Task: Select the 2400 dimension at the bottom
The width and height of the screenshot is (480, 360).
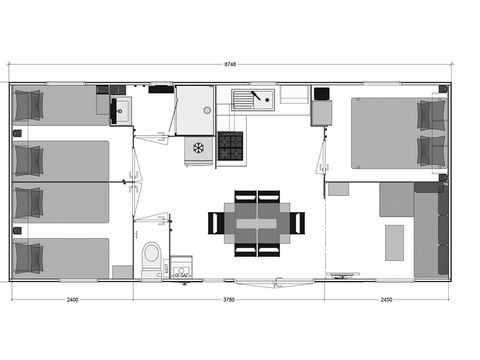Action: [72, 298]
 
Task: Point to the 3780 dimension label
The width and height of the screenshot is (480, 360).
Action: [228, 298]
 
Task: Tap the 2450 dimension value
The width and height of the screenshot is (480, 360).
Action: [386, 298]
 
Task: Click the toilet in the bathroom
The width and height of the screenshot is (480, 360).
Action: [151, 257]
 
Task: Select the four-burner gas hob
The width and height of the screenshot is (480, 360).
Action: [230, 146]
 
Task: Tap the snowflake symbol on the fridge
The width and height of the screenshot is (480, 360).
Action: [198, 148]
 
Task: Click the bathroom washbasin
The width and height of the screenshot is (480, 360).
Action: [122, 109]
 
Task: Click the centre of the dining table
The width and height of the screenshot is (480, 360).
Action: [248, 222]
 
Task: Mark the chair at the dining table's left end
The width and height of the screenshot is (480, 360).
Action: [214, 222]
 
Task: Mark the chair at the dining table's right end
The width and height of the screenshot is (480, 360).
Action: [297, 222]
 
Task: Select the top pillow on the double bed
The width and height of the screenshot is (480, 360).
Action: [431, 114]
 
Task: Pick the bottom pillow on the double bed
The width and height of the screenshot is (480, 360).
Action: [431, 150]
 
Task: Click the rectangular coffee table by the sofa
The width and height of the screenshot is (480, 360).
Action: [394, 242]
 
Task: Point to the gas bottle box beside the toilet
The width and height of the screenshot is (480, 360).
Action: [181, 267]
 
